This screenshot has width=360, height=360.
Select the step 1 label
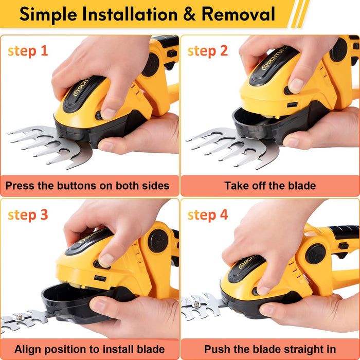tap(28, 51)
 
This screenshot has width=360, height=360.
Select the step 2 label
tap(208, 51)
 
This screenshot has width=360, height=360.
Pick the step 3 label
tap(28, 214)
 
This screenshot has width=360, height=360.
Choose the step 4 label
tap(208, 214)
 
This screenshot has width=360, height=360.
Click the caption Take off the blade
tap(270, 186)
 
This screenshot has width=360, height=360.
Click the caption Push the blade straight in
tap(270, 349)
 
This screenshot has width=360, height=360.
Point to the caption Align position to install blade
tap(89, 349)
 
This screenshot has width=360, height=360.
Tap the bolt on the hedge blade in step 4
tap(196, 304)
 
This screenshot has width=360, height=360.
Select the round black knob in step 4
tap(315, 254)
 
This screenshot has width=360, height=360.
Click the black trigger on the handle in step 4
tap(341, 246)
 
